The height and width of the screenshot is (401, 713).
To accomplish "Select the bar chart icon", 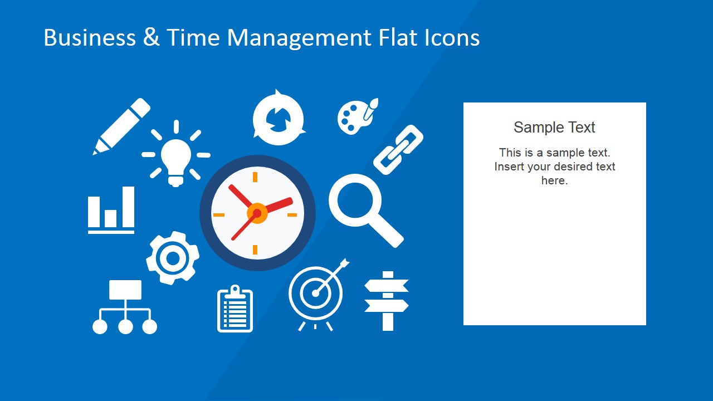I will [x=111, y=210].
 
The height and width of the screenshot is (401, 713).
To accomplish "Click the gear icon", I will [x=173, y=258].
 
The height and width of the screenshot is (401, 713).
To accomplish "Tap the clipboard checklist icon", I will [x=235, y=309].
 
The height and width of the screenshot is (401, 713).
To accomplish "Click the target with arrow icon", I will [x=316, y=292].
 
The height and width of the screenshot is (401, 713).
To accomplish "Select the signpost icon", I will [x=387, y=301].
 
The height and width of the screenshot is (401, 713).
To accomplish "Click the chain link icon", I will [x=398, y=150].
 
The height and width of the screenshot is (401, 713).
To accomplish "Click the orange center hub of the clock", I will [x=257, y=213].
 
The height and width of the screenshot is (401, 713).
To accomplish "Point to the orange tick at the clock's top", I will [x=256, y=177].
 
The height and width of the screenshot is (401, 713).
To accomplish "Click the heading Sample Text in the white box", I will [x=554, y=128].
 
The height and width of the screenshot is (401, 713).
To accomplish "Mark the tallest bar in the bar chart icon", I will [x=128, y=207].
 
